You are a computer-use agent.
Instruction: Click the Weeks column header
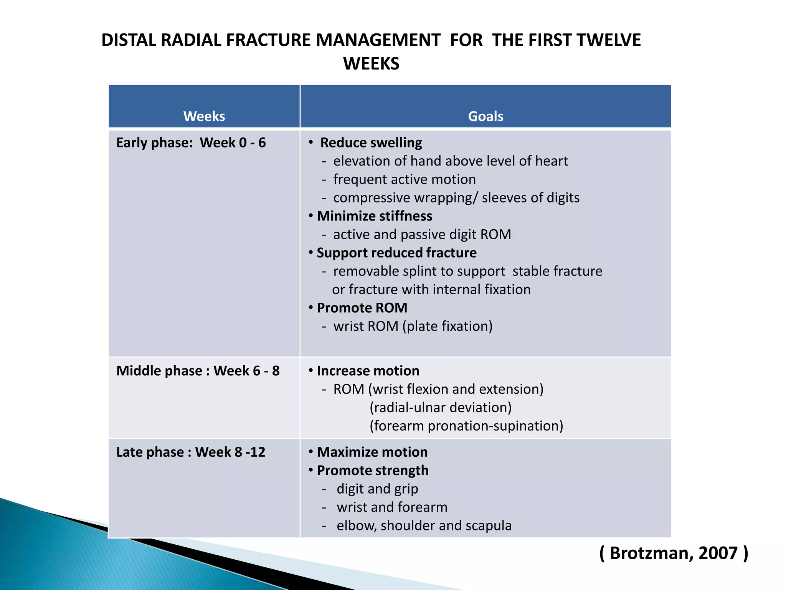click(204, 116)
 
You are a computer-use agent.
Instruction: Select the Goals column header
click(485, 116)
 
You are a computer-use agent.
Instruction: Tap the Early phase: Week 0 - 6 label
click(191, 143)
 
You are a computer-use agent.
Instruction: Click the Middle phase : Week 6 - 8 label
click(198, 371)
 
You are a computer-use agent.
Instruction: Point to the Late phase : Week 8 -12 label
click(191, 452)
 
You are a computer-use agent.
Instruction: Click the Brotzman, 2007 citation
click(674, 553)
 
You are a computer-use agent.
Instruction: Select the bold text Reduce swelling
click(371, 143)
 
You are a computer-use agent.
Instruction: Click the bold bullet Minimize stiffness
click(374, 216)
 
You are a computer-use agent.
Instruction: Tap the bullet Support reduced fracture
click(396, 253)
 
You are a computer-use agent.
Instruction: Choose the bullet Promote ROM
click(362, 308)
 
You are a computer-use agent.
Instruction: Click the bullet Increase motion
click(368, 371)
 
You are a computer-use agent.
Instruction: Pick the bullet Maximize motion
click(372, 452)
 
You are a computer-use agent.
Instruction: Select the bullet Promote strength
click(372, 471)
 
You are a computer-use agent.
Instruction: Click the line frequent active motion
click(404, 179)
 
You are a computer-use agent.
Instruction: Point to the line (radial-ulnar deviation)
click(440, 408)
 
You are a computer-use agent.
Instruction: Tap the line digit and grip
click(377, 489)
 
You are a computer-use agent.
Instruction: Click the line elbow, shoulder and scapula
click(424, 525)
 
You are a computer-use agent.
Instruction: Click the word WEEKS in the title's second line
click(371, 64)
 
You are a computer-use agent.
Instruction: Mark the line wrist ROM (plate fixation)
click(413, 326)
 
